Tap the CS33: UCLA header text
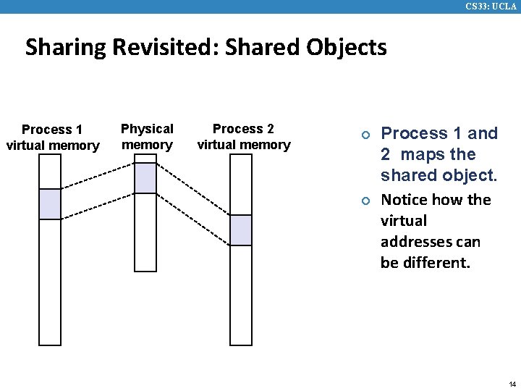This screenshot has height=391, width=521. click(491, 7)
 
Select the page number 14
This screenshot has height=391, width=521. click(512, 384)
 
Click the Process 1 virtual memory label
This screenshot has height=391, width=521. click(52, 138)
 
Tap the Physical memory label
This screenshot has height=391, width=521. click(147, 136)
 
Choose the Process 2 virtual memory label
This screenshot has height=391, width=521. click(243, 136)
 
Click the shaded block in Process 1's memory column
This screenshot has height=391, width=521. click(50, 203)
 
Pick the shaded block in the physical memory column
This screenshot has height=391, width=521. click(145, 178)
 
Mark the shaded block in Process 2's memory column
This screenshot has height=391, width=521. click(241, 230)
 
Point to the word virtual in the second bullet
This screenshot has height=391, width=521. click(404, 221)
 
